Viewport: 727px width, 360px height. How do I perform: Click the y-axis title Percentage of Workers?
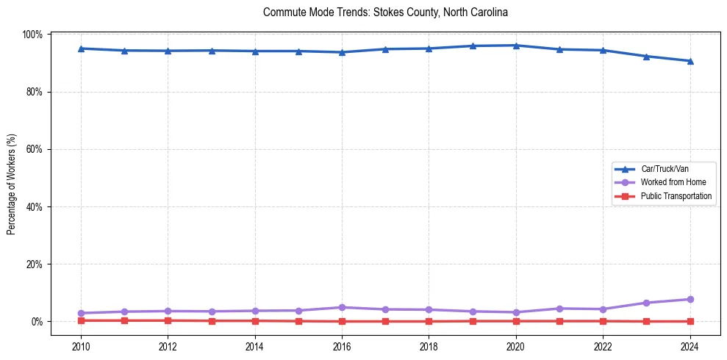[x=11, y=184]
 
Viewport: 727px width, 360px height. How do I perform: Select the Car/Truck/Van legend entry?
[x=665, y=169]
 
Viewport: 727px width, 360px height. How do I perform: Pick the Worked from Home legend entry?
[x=673, y=182]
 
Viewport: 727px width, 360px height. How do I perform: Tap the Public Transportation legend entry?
[x=676, y=196]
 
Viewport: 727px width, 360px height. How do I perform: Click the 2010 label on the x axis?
[x=81, y=345]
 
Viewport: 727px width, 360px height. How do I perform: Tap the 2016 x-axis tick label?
[x=342, y=345]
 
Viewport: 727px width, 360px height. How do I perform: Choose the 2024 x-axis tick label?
[x=690, y=345]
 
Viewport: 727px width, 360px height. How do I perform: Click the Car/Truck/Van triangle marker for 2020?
[x=516, y=46]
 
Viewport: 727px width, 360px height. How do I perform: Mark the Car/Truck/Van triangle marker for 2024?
[x=690, y=61]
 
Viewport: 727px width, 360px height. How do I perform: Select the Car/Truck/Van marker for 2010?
[x=81, y=48]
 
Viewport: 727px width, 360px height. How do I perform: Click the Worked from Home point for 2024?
[x=690, y=299]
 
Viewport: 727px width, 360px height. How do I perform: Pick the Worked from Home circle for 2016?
[x=342, y=307]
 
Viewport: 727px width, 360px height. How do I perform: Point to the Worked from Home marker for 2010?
[x=81, y=313]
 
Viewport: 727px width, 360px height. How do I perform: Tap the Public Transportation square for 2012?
[x=168, y=320]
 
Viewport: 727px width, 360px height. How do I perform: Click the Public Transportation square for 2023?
[x=646, y=321]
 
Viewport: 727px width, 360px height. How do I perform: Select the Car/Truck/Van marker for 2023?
[x=646, y=56]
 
